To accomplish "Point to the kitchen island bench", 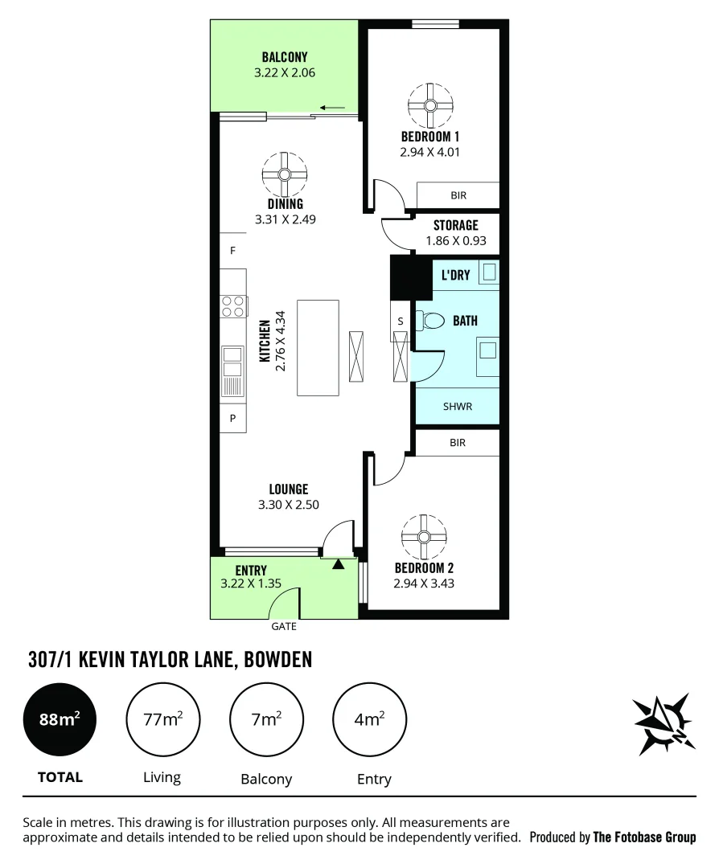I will [x=318, y=347].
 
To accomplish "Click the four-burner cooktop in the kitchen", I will [x=233, y=305].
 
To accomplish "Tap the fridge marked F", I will [x=232, y=251].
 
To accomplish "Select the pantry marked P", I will [x=232, y=418].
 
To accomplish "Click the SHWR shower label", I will [x=457, y=407].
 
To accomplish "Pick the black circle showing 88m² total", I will [x=61, y=719].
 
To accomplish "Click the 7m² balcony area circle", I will [x=266, y=719].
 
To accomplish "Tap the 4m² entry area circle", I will [x=369, y=719].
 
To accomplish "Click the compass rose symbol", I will [x=661, y=723].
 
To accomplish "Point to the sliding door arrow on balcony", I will [x=332, y=108].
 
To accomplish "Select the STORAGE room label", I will [x=455, y=226].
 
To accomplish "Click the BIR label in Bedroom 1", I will [x=458, y=195].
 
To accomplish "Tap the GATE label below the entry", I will [x=283, y=625].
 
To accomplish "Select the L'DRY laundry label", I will [x=455, y=275].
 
